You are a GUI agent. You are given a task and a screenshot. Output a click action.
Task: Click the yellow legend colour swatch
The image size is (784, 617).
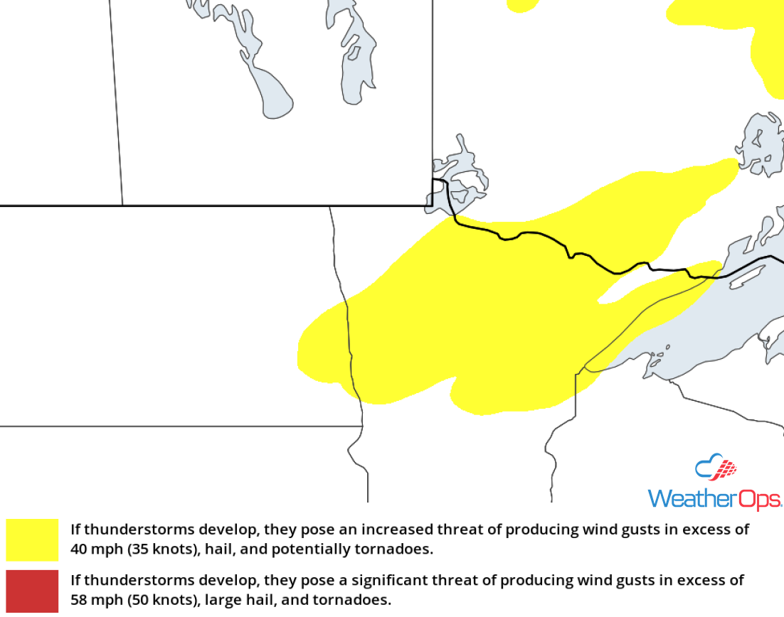point(32,540)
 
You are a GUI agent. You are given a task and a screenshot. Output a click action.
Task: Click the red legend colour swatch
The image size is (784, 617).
point(32,591)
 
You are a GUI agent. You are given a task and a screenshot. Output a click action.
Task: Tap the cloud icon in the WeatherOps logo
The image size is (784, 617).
point(715,468)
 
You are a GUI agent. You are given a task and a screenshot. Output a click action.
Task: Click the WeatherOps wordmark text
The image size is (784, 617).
point(714,498)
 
